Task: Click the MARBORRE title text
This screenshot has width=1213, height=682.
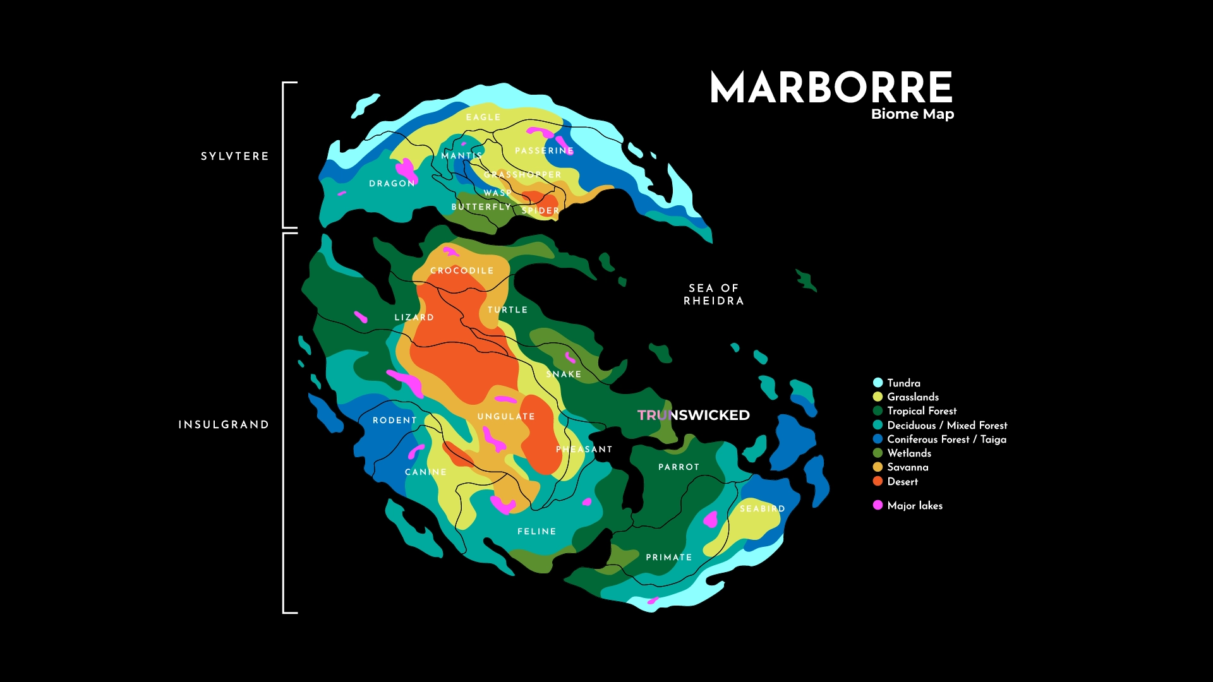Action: (x=831, y=88)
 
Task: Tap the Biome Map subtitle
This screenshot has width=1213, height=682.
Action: (x=912, y=114)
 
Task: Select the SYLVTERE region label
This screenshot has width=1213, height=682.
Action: (x=234, y=156)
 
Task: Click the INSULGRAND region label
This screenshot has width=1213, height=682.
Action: (x=224, y=424)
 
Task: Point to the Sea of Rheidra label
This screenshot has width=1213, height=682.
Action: (x=713, y=294)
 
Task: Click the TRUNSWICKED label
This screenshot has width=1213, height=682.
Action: (x=693, y=415)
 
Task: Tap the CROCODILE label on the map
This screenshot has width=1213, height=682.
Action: (x=462, y=270)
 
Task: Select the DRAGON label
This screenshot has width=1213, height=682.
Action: (x=392, y=183)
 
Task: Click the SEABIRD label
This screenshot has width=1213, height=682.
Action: (x=762, y=508)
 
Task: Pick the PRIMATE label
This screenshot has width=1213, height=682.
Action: (x=668, y=557)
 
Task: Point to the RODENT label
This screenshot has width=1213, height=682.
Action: (x=394, y=420)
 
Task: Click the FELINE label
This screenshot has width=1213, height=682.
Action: (x=536, y=531)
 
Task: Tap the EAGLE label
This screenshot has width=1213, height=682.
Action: (x=483, y=117)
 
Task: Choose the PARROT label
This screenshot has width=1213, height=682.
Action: (x=679, y=467)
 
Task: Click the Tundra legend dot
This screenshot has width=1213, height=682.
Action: (x=878, y=383)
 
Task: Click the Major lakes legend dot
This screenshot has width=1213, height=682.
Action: (x=878, y=505)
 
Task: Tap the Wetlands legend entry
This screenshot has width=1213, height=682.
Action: (x=908, y=453)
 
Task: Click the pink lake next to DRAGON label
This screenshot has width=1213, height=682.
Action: (x=405, y=169)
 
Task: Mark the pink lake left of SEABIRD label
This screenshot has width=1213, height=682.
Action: (x=711, y=519)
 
